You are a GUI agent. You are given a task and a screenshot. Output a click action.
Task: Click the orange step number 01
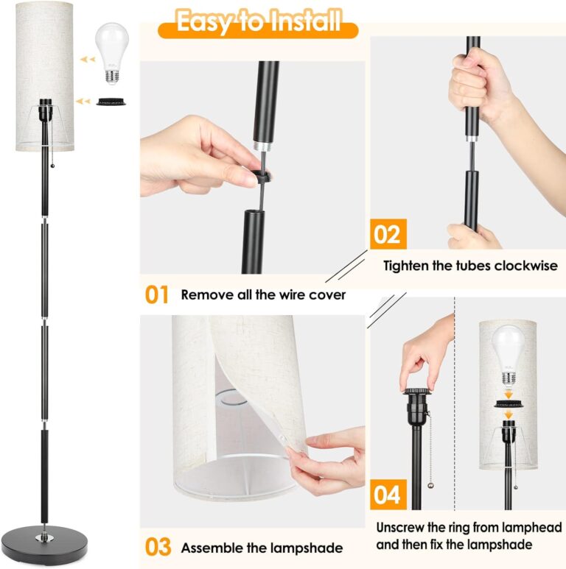156,295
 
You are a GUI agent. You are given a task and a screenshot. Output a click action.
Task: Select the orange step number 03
157,547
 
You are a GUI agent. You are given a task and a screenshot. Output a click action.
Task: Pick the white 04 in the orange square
386,495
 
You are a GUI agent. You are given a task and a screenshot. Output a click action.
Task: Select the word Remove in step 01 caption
203,295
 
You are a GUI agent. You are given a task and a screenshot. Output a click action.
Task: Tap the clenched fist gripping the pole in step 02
479,92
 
